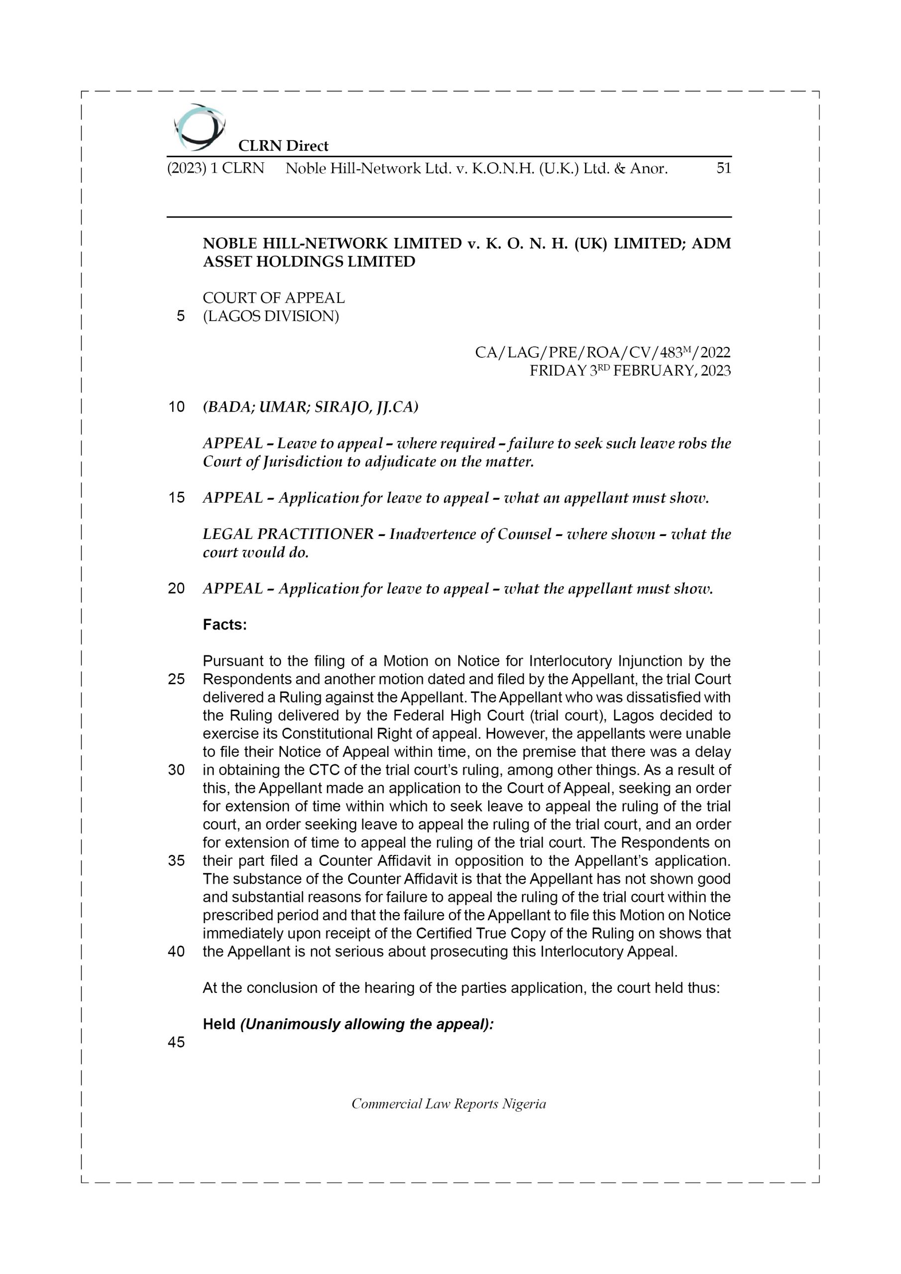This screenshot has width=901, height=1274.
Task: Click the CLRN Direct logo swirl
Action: pos(199,127)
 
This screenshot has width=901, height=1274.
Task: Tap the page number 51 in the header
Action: pos(723,168)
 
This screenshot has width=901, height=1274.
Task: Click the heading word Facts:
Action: pos(225,625)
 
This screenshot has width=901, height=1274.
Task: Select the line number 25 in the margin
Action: pos(176,679)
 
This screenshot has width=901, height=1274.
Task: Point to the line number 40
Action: pos(176,952)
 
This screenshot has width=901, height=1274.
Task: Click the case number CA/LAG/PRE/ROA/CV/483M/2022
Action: pos(602,352)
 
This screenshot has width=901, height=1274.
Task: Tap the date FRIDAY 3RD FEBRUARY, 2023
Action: pos(630,371)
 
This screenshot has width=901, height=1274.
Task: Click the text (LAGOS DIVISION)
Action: pos(270,317)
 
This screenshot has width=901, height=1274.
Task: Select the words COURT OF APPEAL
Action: pos(273,298)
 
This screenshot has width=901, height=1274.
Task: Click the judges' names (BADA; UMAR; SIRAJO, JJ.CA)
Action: pos(310,407)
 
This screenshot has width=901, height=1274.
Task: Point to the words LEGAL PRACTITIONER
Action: pos(288,534)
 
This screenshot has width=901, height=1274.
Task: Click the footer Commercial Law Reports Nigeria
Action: pos(449,1104)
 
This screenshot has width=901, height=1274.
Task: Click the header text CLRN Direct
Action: pos(283,146)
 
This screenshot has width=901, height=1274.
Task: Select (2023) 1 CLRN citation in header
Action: pos(216,168)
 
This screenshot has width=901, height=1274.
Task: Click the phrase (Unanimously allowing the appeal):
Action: pos(366,1024)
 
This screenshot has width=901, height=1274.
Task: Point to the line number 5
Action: pos(180,317)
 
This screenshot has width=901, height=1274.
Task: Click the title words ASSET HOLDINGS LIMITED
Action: pos(309,262)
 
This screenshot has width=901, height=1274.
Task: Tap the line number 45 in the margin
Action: pos(176,1043)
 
